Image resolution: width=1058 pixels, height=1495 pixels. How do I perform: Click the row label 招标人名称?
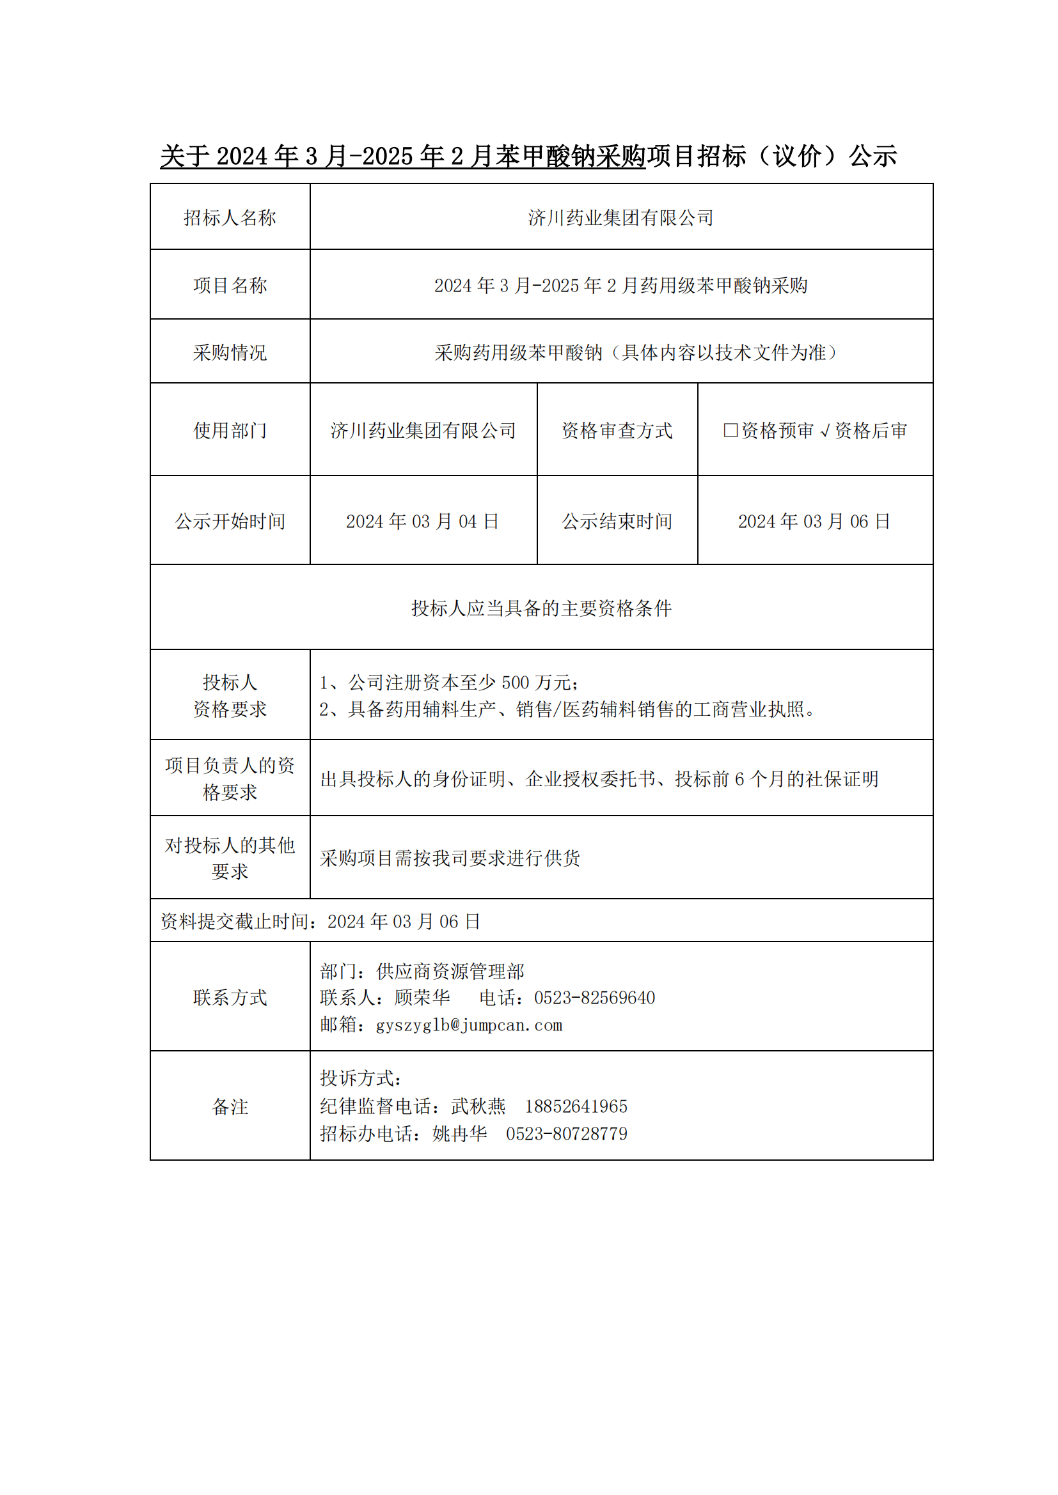tap(230, 217)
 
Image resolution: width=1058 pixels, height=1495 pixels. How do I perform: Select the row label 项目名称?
tap(230, 285)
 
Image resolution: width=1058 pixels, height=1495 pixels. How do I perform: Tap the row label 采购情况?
tap(230, 352)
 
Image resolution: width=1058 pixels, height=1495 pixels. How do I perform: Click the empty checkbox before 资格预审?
tap(730, 430)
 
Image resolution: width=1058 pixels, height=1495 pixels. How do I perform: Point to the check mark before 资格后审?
tap(824, 431)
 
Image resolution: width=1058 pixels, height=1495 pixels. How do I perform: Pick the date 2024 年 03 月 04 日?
tap(422, 521)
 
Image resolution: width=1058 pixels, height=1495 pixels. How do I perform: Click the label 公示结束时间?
tap(616, 521)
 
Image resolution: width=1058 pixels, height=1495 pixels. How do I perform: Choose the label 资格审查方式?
tap(616, 430)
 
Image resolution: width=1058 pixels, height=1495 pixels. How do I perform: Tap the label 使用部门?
tap(230, 430)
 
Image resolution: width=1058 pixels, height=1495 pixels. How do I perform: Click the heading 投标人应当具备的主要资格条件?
tap(541, 608)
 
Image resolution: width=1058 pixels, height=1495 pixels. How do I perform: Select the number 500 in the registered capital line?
tap(515, 683)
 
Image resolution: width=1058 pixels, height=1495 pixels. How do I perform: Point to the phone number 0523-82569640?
tap(594, 998)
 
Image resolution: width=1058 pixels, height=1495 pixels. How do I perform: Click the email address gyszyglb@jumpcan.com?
tap(468, 1025)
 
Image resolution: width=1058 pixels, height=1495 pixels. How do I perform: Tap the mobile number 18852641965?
tap(576, 1106)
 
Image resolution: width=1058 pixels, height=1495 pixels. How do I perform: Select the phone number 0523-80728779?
tap(566, 1134)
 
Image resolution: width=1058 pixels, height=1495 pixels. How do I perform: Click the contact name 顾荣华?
tap(422, 998)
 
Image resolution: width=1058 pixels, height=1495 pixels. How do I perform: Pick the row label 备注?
tap(230, 1106)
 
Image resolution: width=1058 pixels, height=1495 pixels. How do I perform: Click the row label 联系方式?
tap(230, 998)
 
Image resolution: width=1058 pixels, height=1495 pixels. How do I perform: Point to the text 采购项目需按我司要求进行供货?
tap(450, 858)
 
